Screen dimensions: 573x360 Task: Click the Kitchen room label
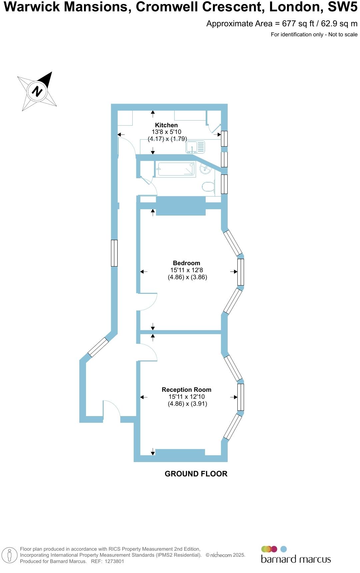click(x=166, y=125)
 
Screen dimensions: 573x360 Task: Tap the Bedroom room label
click(x=186, y=263)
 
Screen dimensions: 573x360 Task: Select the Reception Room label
click(x=186, y=390)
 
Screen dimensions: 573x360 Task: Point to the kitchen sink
click(x=195, y=147)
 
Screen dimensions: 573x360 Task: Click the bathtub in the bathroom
click(x=175, y=169)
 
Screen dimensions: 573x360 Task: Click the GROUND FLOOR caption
click(x=196, y=474)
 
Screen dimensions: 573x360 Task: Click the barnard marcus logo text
click(x=296, y=559)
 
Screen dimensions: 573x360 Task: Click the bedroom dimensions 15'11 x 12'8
click(x=186, y=270)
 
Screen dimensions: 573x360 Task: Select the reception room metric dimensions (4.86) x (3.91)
click(x=187, y=404)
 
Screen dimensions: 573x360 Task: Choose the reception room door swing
click(x=148, y=352)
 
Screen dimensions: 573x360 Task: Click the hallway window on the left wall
click(x=114, y=253)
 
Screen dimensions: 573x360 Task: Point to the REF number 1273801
click(x=114, y=561)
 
